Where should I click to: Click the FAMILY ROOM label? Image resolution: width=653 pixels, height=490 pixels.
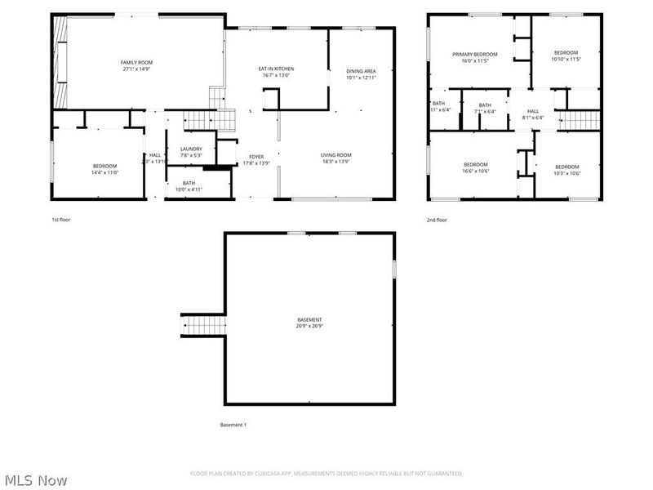[x=136, y=66]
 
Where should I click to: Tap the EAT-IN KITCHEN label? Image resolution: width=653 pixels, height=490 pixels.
[x=276, y=73]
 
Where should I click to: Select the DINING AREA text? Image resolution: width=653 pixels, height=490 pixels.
[x=361, y=74]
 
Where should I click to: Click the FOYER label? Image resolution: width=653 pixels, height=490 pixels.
[x=256, y=159]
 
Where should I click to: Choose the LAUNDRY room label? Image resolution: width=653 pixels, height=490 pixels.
[x=191, y=152]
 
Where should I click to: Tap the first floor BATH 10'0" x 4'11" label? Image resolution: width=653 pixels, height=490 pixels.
[x=189, y=186]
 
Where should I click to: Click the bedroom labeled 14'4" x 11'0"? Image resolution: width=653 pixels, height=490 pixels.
[x=104, y=169]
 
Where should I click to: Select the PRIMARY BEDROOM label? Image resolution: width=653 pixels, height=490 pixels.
[x=474, y=57]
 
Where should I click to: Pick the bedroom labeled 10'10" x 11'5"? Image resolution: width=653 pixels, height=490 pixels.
[x=566, y=56]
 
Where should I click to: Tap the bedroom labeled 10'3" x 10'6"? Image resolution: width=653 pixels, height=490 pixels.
[x=566, y=170]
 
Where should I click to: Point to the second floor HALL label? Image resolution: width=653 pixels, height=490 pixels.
[x=533, y=114]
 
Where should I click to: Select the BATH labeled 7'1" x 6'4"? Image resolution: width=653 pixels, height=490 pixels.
[x=485, y=108]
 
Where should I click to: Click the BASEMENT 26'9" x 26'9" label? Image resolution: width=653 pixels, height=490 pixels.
[x=309, y=323]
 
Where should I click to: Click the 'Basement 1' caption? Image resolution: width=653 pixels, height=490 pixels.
[x=233, y=425]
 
